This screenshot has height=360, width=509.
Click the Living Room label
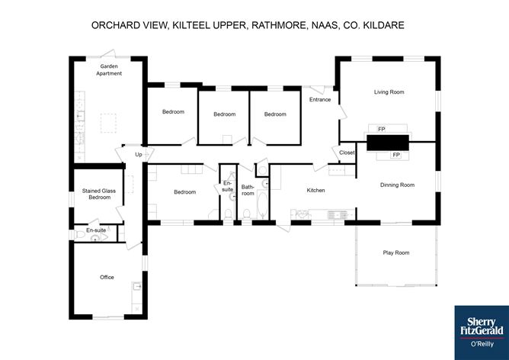(x=389, y=92)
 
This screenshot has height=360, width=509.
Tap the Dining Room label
(x=397, y=185)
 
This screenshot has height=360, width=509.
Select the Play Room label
(x=396, y=252)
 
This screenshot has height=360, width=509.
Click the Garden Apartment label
(x=109, y=70)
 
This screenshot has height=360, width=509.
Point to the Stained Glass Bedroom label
(x=99, y=194)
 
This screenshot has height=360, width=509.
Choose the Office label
(x=107, y=277)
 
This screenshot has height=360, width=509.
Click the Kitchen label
(x=316, y=190)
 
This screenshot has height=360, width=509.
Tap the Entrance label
(x=320, y=99)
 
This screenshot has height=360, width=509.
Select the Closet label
(x=347, y=153)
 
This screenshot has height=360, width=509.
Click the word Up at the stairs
(x=139, y=155)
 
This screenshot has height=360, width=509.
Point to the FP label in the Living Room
(x=382, y=130)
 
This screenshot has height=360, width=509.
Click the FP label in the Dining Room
(x=396, y=155)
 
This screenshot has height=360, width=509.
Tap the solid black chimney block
(x=388, y=143)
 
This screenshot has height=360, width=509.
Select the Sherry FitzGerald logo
(x=482, y=333)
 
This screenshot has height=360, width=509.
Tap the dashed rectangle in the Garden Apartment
(x=108, y=123)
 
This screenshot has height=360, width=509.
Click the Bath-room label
(x=248, y=190)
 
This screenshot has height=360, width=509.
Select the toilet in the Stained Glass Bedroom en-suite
(x=79, y=235)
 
